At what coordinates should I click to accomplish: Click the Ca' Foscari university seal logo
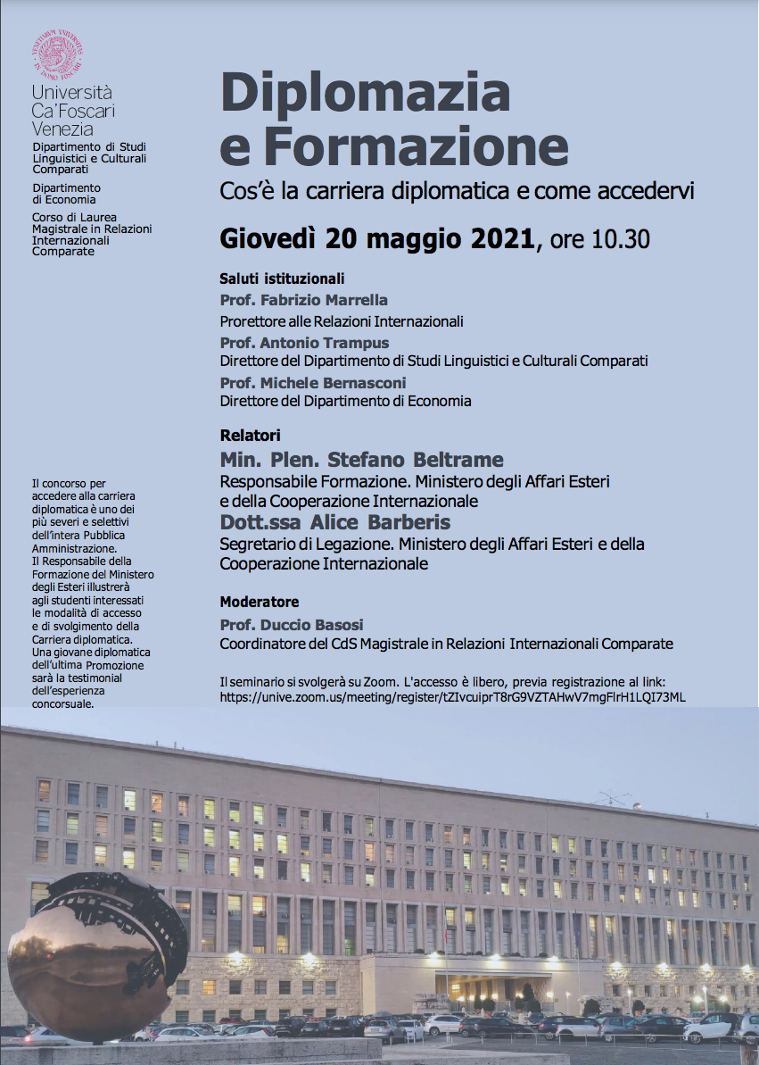[x=58, y=54]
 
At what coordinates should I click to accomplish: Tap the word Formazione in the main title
[x=426, y=147]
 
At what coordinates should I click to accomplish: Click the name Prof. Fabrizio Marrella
[x=304, y=300]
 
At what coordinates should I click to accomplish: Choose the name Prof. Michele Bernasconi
[x=313, y=383]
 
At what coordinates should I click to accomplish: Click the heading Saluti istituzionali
[x=282, y=279]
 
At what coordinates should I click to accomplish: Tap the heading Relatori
[x=250, y=436]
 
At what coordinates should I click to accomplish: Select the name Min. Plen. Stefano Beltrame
[x=361, y=461]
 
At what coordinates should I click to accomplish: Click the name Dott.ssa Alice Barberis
[x=335, y=522]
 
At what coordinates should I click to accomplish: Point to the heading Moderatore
[x=260, y=602]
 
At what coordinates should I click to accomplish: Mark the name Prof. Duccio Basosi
[x=292, y=624]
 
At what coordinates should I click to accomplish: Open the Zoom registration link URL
[x=452, y=697]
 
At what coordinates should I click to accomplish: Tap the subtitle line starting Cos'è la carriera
[x=457, y=191]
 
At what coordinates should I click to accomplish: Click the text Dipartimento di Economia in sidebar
[x=66, y=194]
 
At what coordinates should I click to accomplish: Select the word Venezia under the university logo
[x=62, y=129]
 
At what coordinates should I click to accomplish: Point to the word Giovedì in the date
[x=268, y=240]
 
